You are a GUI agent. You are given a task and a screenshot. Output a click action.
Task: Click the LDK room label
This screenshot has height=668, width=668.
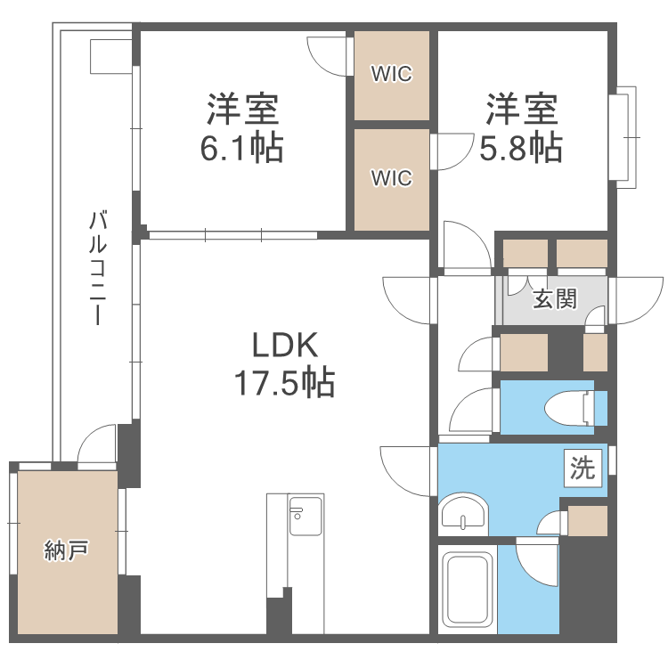[285, 345]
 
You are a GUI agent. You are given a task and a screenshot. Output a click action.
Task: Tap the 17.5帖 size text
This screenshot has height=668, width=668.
[285, 383]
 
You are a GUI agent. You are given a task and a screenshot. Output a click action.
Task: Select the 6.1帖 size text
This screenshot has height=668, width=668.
[242, 148]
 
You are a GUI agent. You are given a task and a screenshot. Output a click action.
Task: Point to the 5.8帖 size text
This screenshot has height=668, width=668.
[521, 148]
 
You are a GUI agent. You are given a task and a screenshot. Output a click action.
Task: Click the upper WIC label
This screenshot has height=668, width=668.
[392, 74]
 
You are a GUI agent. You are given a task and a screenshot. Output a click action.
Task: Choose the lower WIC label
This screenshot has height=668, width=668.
[392, 177]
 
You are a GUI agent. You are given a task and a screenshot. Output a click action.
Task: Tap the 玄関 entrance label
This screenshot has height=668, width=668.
[555, 298]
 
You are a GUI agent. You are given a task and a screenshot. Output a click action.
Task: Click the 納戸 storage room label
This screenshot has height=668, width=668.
[67, 550]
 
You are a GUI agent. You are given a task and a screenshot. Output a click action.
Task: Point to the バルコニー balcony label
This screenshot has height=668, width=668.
[98, 267]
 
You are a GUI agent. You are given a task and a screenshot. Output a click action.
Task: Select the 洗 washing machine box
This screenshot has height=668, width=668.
[582, 468]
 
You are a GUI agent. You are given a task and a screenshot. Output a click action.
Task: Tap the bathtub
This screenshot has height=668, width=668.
[468, 590]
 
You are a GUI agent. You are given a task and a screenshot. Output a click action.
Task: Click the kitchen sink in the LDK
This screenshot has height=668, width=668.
[305, 516]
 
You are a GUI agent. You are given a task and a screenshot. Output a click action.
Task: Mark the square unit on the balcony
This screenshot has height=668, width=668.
[110, 56]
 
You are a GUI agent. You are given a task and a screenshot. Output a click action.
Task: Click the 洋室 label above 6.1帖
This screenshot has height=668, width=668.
[242, 109]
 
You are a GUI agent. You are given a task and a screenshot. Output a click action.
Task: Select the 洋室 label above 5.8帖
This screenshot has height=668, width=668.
[521, 109]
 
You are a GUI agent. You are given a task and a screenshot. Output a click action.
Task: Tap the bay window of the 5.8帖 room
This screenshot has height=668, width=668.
[623, 137]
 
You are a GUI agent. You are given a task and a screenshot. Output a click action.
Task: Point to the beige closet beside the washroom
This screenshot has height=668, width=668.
[588, 521]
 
